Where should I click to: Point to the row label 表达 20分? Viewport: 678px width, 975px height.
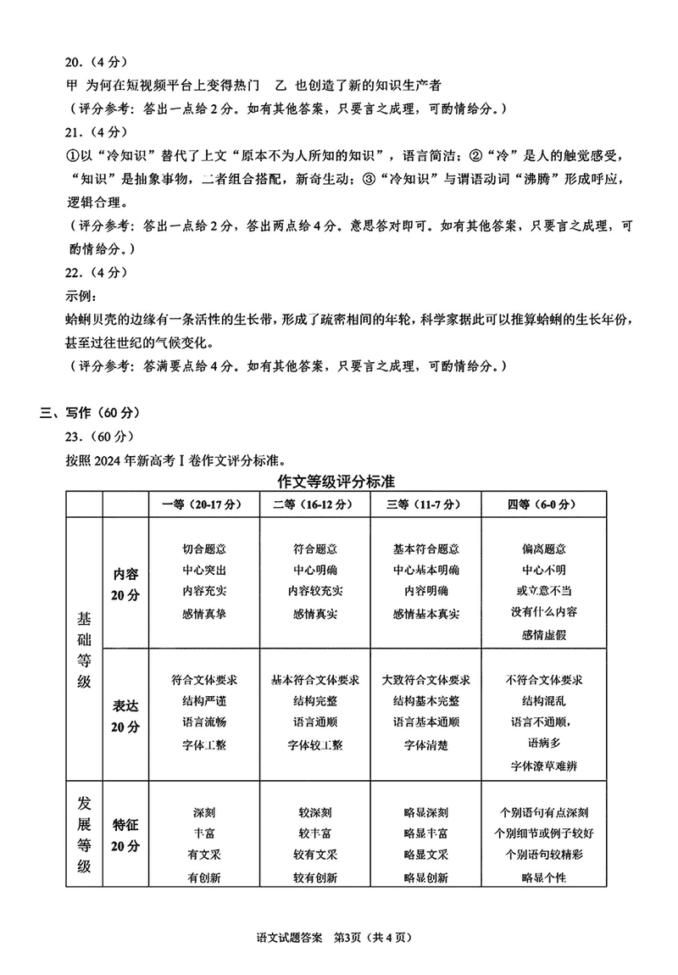[125, 716]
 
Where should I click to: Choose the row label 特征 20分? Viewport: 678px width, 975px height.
[125, 834]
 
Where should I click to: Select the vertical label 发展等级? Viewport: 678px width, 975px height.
[84, 834]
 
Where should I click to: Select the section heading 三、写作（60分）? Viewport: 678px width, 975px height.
[90, 413]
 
